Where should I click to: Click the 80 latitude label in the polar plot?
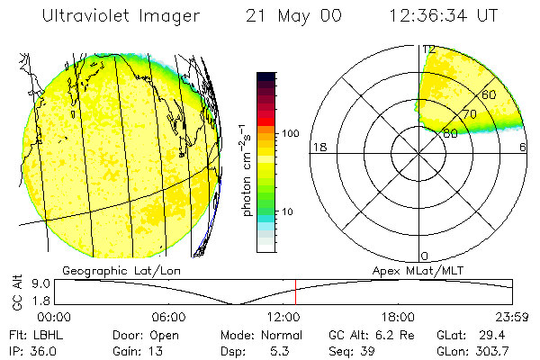450,133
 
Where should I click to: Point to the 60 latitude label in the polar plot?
490,94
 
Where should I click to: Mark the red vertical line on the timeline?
295,292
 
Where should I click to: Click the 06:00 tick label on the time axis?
168,317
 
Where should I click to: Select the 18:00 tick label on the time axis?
398,317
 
